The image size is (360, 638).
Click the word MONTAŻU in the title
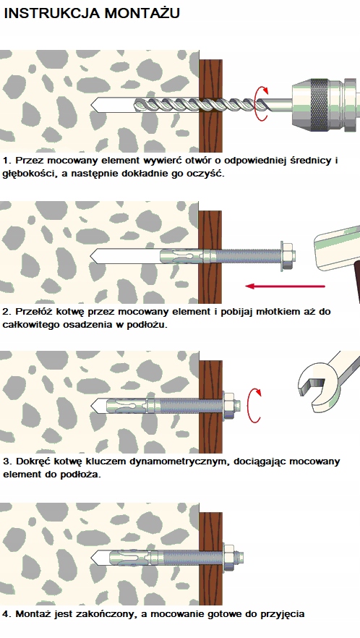(x=142, y=13)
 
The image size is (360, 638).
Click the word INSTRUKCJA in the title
(x=51, y=13)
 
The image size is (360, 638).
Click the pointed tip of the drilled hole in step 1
(x=90, y=105)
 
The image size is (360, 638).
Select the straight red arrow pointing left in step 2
(x=285, y=286)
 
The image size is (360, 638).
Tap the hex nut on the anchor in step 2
(x=287, y=256)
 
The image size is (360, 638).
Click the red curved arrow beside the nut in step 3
(x=254, y=405)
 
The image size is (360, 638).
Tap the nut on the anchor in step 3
(x=228, y=406)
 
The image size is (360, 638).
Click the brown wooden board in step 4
(x=210, y=558)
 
